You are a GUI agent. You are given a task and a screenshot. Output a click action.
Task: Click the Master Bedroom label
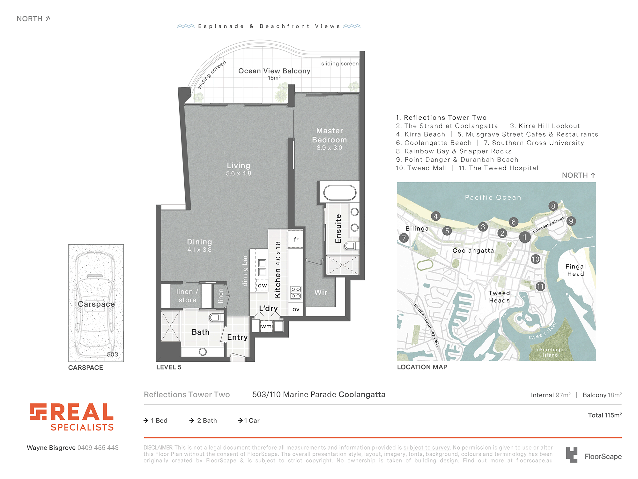(330, 135)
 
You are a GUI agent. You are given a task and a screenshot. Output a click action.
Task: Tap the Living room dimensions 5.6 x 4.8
(239, 173)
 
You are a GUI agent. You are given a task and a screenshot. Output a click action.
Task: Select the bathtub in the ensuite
(340, 193)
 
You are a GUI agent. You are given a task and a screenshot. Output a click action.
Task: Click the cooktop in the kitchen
(295, 293)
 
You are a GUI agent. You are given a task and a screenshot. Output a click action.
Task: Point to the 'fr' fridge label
(296, 240)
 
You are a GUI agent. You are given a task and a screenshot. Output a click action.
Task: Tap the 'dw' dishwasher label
(263, 285)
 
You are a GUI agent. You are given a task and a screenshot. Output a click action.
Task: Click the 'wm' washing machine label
(266, 326)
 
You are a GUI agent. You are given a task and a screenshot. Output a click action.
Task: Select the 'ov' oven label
(296, 309)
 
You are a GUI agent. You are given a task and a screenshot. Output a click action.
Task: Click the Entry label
(237, 337)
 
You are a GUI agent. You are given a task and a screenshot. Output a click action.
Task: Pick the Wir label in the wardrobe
(321, 292)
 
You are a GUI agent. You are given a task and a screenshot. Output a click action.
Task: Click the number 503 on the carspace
(112, 354)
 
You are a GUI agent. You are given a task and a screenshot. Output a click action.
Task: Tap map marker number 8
(553, 206)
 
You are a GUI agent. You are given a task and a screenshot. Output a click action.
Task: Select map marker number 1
(525, 237)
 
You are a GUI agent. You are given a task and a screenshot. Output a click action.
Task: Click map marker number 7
(404, 238)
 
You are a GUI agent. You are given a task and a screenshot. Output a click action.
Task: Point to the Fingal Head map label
(576, 270)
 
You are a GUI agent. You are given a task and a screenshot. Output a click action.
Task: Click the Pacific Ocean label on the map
(493, 198)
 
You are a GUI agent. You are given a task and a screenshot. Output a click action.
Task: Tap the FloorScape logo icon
(572, 455)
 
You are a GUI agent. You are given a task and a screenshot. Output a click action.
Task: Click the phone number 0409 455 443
(98, 448)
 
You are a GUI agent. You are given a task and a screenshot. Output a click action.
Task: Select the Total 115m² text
(605, 415)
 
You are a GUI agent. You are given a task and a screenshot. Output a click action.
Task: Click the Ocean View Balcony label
(274, 71)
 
